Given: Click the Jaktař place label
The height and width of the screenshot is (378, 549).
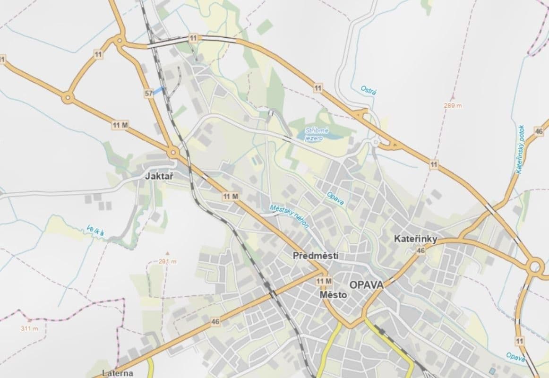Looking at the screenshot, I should [159, 176].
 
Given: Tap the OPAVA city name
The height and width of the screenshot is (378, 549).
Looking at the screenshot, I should [366, 285].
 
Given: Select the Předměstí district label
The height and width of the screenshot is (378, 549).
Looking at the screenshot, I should [316, 256].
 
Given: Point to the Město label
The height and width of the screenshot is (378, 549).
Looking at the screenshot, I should [333, 295].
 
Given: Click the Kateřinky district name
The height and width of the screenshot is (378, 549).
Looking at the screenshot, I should [415, 239].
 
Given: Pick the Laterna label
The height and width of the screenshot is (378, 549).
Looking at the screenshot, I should [118, 373].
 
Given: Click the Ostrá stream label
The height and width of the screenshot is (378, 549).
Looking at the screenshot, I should [369, 90].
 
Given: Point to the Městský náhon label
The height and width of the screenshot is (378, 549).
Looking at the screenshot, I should [290, 216].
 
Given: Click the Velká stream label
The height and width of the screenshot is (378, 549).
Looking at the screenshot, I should [96, 231].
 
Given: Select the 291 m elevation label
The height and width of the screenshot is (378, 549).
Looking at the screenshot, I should [168, 261].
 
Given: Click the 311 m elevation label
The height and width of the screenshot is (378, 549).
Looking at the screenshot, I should [29, 328].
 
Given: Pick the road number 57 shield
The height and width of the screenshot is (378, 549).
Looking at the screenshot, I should [149, 94].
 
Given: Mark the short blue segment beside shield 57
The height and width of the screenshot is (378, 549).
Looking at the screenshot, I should [159, 90].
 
